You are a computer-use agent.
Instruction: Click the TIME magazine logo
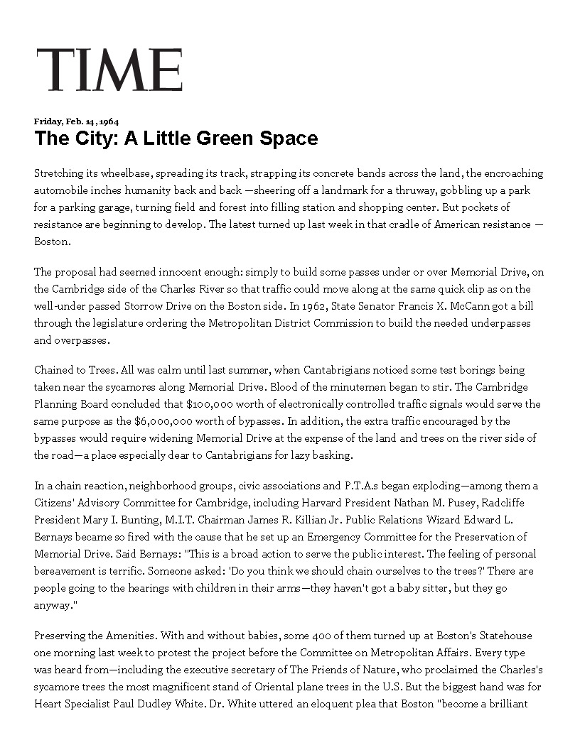pyautogui.click(x=109, y=70)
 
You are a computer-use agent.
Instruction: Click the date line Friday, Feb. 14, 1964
pyautogui.click(x=76, y=121)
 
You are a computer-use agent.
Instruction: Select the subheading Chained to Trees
pyautogui.click(x=75, y=370)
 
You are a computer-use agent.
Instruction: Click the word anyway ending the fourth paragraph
pyautogui.click(x=51, y=605)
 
